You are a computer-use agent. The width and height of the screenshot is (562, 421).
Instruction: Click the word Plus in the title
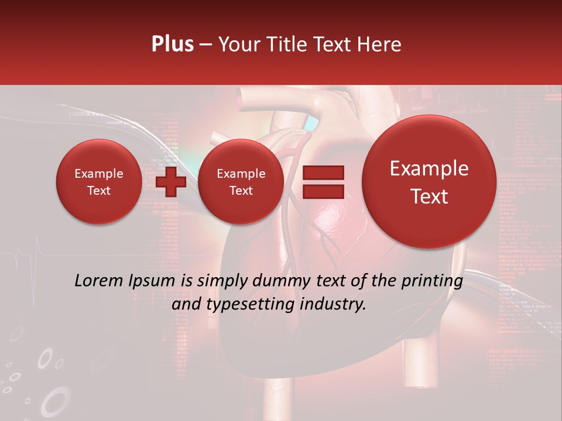click(172, 44)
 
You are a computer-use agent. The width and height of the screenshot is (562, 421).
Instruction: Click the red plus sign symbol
click(171, 182)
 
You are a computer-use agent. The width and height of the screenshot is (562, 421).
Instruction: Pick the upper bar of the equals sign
click(323, 172)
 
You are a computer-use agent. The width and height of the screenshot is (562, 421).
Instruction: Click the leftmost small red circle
click(98, 182)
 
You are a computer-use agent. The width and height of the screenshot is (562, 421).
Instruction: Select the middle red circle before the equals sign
click(241, 182)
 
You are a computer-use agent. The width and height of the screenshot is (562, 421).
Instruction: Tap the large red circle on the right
click(429, 182)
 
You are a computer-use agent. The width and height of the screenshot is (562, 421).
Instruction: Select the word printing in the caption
click(431, 281)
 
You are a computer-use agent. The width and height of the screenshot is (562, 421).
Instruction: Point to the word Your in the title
click(238, 44)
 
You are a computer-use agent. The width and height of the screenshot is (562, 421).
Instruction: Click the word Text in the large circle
click(429, 196)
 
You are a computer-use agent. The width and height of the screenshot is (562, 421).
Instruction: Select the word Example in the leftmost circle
click(98, 174)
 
